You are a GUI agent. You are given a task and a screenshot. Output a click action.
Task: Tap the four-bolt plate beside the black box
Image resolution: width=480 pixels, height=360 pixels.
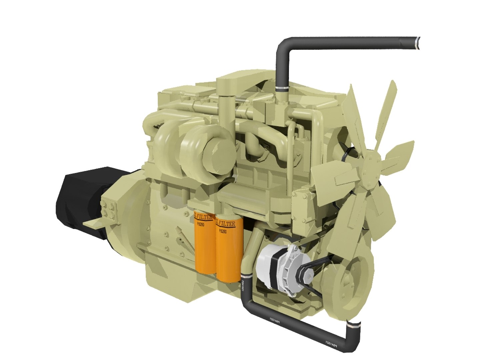108,208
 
